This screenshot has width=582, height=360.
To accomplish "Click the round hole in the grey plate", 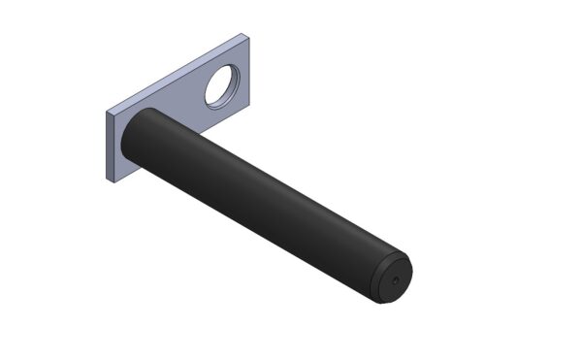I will pos(227,87).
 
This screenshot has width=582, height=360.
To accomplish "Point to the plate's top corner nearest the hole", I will pos(242,36).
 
